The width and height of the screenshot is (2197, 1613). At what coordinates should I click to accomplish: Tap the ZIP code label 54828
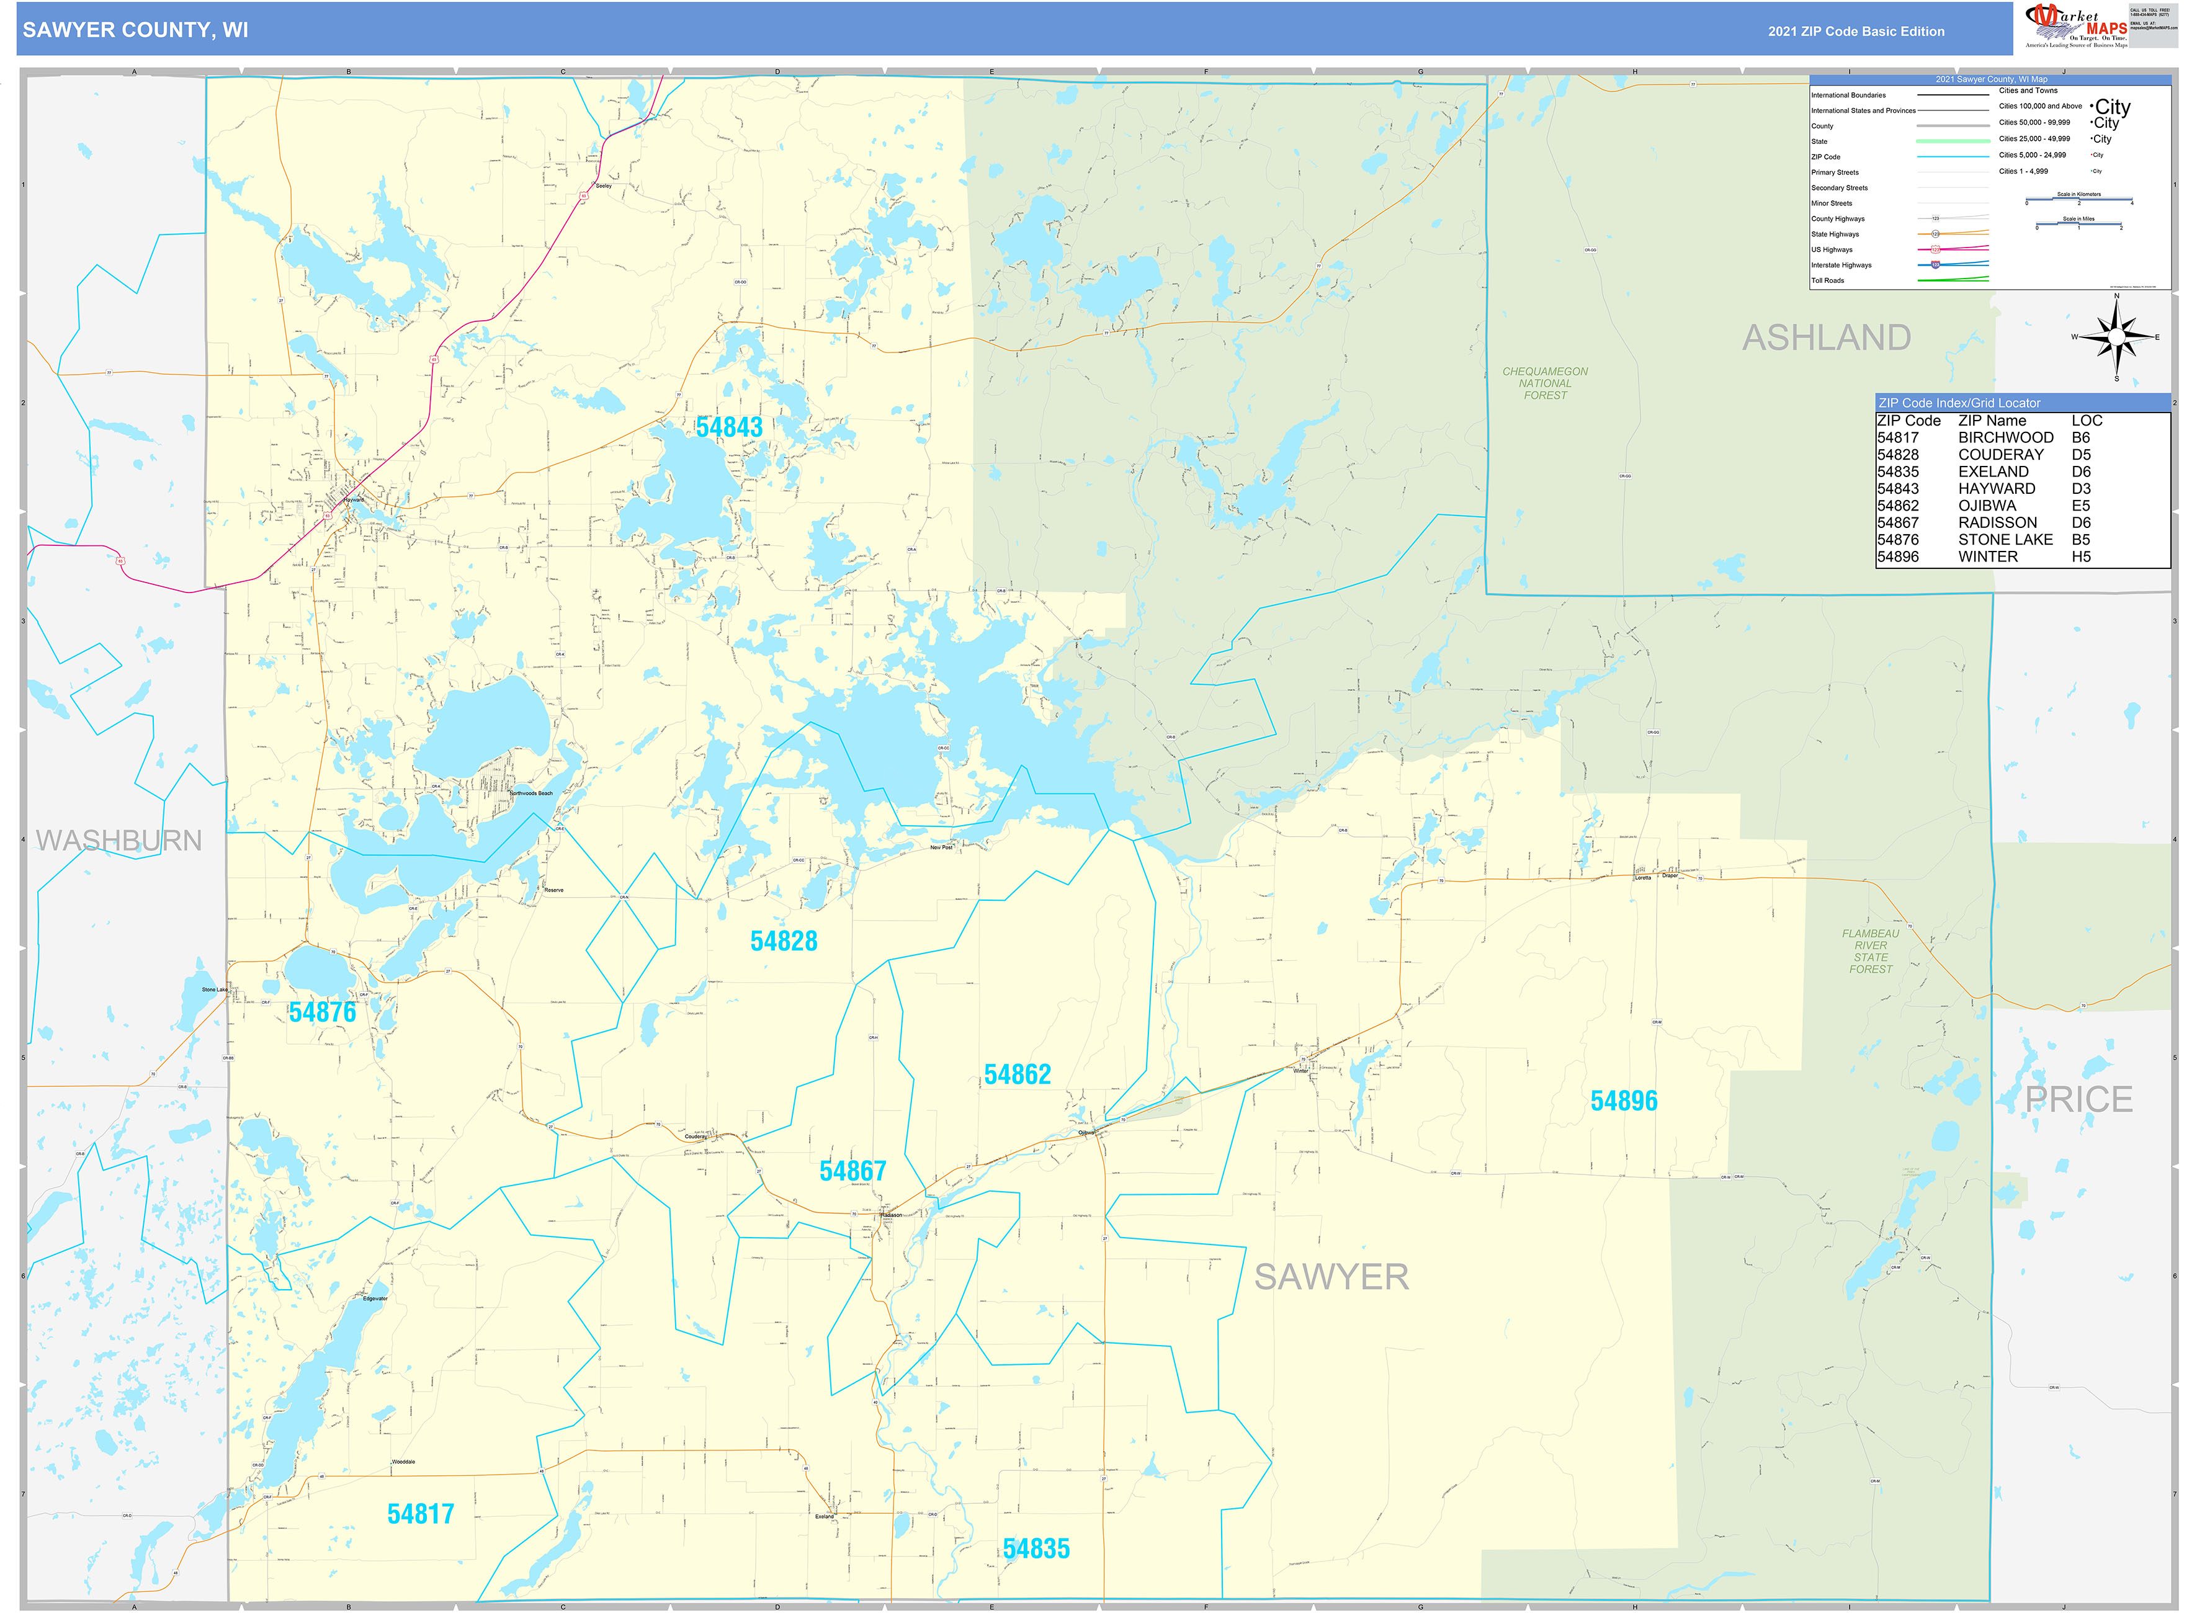tap(783, 941)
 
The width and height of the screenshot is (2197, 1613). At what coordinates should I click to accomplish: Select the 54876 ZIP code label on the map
tap(322, 1012)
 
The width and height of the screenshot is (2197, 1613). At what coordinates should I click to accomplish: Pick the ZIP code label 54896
tap(1623, 1101)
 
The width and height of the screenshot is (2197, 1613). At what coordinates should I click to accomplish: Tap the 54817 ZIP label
tap(421, 1514)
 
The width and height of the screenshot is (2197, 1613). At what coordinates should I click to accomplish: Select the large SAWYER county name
tap(1331, 1277)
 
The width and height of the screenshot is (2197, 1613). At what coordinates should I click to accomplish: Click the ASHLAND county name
tap(1826, 338)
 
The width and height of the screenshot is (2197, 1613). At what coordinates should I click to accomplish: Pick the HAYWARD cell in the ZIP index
tap(1996, 489)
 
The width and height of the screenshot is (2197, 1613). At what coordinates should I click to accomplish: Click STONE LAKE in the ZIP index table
tap(2005, 540)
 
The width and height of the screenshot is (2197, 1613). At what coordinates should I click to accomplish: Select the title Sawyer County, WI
tap(136, 30)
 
